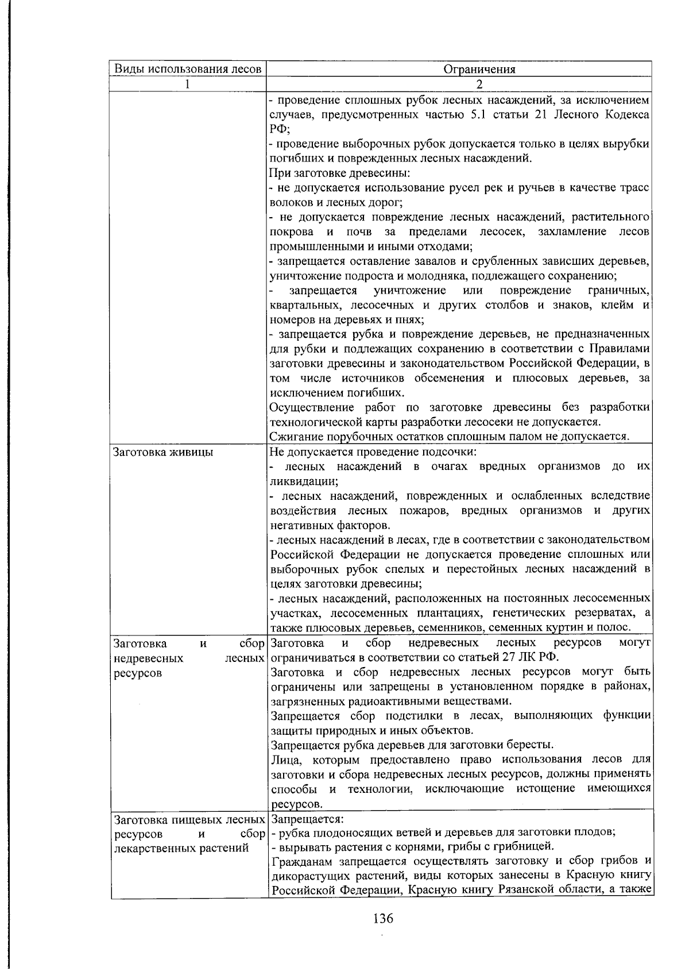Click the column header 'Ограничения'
click(479, 70)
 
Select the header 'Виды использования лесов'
click(188, 70)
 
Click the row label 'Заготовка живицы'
click(164, 452)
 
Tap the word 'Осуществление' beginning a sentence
click(313, 407)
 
